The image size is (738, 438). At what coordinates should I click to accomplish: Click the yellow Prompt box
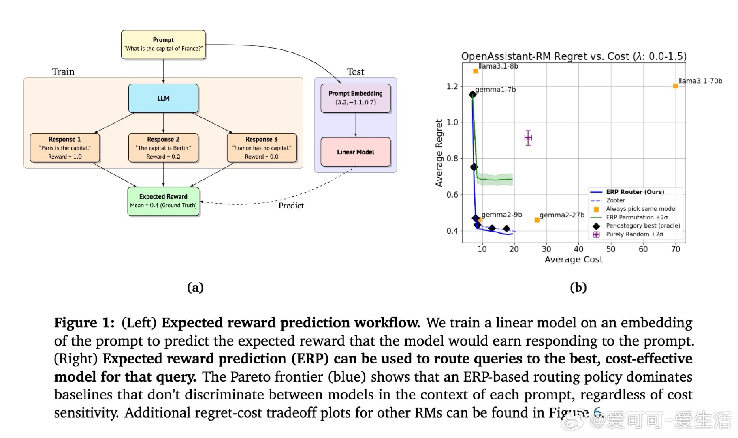point(163,45)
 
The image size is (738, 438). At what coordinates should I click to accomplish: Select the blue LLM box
point(163,98)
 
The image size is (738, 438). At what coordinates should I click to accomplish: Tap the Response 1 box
point(65,148)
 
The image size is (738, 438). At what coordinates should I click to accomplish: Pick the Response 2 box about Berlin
point(163,148)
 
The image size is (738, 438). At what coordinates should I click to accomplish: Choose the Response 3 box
point(262,148)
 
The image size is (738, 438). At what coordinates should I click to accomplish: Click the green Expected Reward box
point(163,201)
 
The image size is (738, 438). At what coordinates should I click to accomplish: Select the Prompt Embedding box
point(355,98)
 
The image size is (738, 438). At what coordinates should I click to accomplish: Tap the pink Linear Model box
point(355,152)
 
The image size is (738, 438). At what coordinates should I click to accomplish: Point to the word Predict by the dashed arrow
point(291,206)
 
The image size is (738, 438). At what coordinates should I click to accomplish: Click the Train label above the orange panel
point(63,72)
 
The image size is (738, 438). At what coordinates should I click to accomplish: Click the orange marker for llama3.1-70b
point(675,86)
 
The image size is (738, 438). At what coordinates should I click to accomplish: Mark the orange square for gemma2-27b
point(537,220)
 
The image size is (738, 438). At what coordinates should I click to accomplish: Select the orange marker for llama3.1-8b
point(476,71)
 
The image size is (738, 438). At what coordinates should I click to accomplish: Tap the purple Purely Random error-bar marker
point(528,138)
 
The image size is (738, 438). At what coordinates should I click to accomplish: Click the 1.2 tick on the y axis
point(452,86)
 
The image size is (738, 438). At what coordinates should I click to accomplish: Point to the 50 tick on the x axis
point(611,249)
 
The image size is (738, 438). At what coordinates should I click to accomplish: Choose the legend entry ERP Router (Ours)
point(635,192)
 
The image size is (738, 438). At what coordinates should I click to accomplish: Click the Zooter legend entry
point(615,200)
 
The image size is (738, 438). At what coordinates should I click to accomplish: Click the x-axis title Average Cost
point(574,260)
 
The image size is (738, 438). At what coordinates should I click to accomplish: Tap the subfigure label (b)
point(578,287)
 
